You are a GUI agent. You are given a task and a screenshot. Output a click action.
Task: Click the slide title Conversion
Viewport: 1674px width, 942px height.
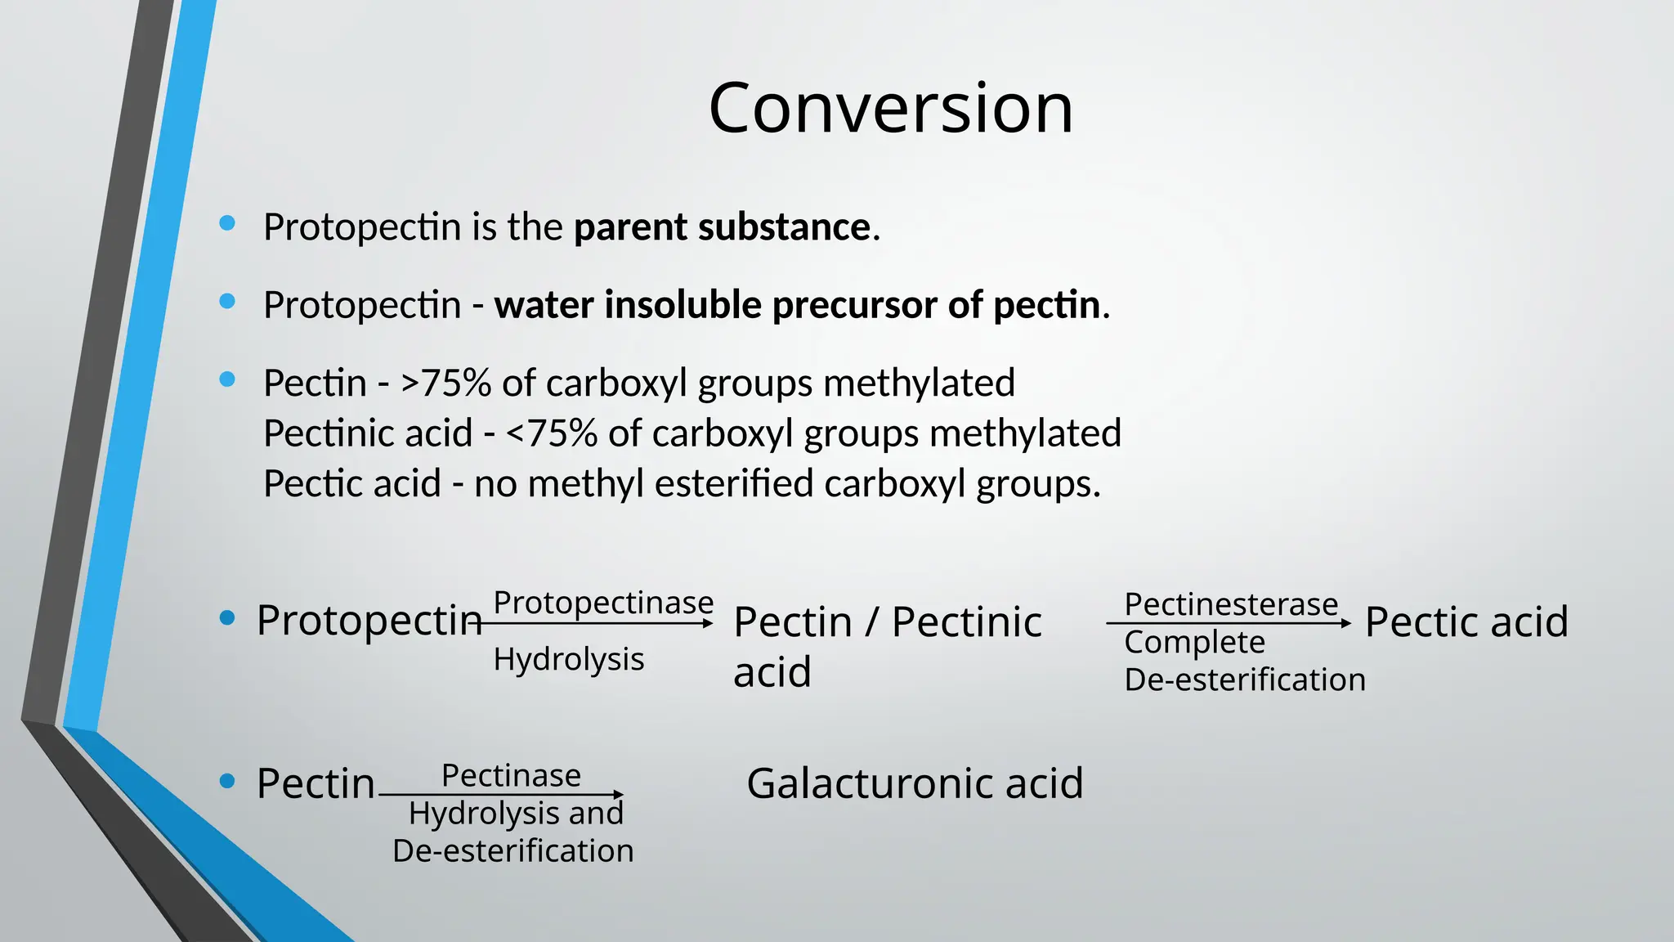pyautogui.click(x=890, y=108)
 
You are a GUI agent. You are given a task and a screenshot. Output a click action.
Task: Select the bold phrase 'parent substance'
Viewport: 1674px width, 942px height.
pyautogui.click(x=722, y=227)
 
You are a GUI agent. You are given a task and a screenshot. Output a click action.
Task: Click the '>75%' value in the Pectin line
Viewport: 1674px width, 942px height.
pyautogui.click(x=445, y=383)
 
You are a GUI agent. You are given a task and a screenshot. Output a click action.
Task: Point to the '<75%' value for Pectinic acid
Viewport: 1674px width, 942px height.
pyautogui.click(x=552, y=433)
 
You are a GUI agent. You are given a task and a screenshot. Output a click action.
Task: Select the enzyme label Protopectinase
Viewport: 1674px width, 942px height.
pyautogui.click(x=603, y=603)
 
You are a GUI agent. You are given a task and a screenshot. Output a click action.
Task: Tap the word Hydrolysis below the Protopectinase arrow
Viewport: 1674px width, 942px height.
pyautogui.click(x=569, y=659)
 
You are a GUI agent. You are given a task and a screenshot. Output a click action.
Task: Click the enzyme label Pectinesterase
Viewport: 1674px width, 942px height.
pyautogui.click(x=1231, y=604)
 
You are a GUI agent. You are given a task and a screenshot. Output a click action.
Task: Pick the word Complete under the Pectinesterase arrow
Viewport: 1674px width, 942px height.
pyautogui.click(x=1194, y=642)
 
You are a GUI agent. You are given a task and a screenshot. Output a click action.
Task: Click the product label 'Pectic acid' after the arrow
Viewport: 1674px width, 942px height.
pyautogui.click(x=1466, y=621)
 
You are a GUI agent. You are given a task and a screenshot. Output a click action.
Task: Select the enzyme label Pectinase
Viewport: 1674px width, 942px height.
pyautogui.click(x=511, y=775)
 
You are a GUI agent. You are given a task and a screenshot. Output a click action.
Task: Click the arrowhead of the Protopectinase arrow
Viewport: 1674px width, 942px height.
pyautogui.click(x=709, y=624)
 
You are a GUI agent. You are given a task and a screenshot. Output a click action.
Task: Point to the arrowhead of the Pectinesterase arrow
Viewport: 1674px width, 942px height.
pyautogui.click(x=1346, y=624)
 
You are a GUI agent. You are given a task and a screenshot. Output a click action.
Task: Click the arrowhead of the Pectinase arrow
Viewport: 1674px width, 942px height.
pyautogui.click(x=619, y=795)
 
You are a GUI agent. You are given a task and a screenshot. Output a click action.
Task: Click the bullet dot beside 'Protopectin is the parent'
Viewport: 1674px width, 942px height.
pyautogui.click(x=228, y=223)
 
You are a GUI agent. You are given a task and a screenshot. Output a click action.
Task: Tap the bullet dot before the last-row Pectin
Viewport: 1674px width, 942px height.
pyautogui.click(x=228, y=781)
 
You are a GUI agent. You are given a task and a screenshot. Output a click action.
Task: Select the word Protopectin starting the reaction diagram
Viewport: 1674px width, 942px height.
pyautogui.click(x=369, y=620)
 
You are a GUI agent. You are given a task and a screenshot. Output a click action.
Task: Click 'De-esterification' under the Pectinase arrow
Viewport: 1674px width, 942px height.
pyautogui.click(x=513, y=850)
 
